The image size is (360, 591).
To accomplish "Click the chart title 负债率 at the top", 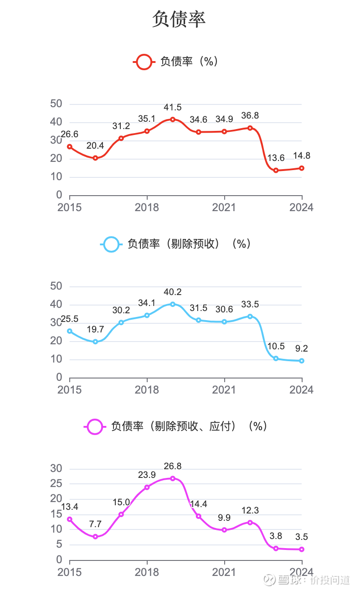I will (179, 19).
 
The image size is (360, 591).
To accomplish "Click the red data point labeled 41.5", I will (173, 119).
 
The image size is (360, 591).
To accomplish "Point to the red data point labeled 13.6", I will (276, 171).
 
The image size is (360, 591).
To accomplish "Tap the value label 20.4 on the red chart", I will (95, 146).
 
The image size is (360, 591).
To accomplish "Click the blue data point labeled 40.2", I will (173, 304).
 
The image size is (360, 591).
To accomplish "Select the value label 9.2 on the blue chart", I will (302, 349).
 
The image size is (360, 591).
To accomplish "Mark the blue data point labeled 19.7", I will (95, 342).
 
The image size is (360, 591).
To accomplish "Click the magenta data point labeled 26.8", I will (173, 478).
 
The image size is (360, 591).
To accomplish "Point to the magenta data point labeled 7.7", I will (95, 537).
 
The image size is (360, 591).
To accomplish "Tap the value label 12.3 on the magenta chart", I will (250, 511).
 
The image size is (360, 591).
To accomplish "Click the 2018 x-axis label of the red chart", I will (147, 207).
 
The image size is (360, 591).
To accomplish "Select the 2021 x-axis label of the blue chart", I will (224, 390).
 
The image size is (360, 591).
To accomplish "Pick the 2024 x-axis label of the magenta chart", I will (301, 572).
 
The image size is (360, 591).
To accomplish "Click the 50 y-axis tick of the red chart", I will (56, 104).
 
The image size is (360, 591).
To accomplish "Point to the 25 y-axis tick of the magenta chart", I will (56, 484).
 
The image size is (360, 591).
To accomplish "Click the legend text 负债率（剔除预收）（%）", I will (189, 244).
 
